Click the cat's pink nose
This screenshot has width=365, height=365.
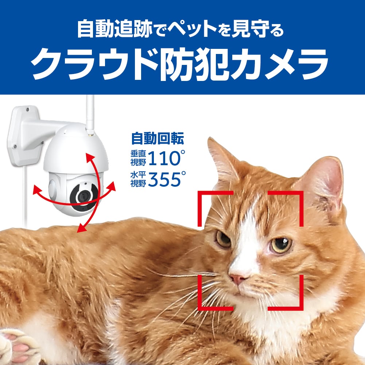tap(237, 279)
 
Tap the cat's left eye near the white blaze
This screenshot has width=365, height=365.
tap(223, 238)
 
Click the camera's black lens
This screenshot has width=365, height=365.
tap(84, 197)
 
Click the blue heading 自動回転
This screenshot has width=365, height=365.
tap(158, 139)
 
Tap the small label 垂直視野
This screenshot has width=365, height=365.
tap(138, 158)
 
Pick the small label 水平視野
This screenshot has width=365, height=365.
tap(138, 179)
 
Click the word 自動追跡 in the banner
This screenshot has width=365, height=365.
tap(115, 29)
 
